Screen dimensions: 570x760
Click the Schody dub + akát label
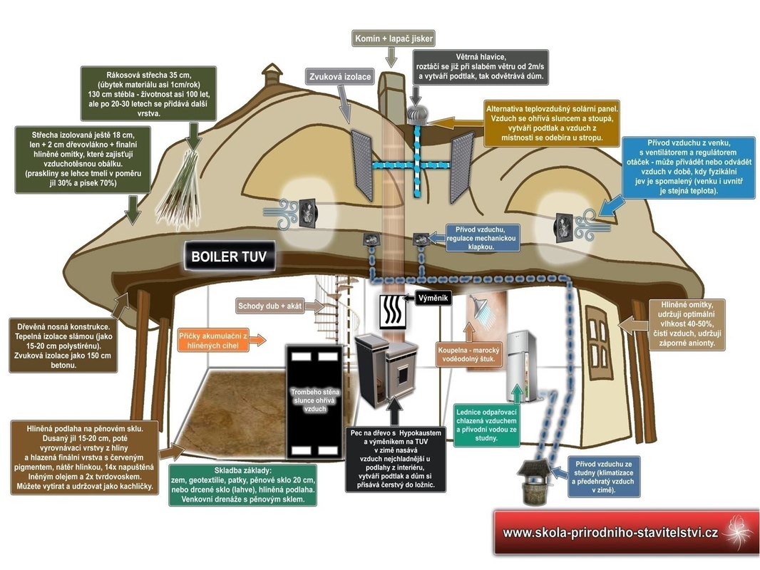click(x=270, y=307)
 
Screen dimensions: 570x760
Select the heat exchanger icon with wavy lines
click(x=391, y=311)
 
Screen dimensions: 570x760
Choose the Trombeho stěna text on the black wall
click(x=312, y=400)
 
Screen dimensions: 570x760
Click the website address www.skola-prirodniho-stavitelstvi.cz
click(x=610, y=532)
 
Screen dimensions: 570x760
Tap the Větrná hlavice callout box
click(x=481, y=66)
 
